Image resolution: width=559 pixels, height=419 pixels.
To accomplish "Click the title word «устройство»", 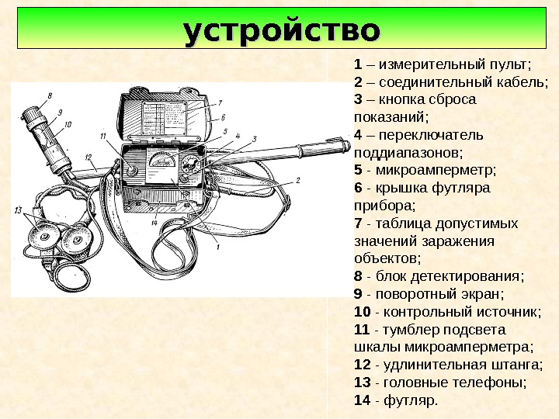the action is (x=282, y=33).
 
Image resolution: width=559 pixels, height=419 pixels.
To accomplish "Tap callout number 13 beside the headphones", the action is (x=18, y=210).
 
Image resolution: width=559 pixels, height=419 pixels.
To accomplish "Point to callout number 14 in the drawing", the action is (x=155, y=223).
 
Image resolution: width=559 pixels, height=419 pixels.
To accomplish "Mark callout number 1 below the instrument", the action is (x=218, y=246).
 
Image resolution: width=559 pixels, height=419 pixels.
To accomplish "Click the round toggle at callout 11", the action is (x=132, y=170).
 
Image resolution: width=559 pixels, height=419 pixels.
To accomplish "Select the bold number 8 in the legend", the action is (x=357, y=276).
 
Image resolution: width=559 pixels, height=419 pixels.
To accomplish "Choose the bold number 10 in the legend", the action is (x=361, y=312).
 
